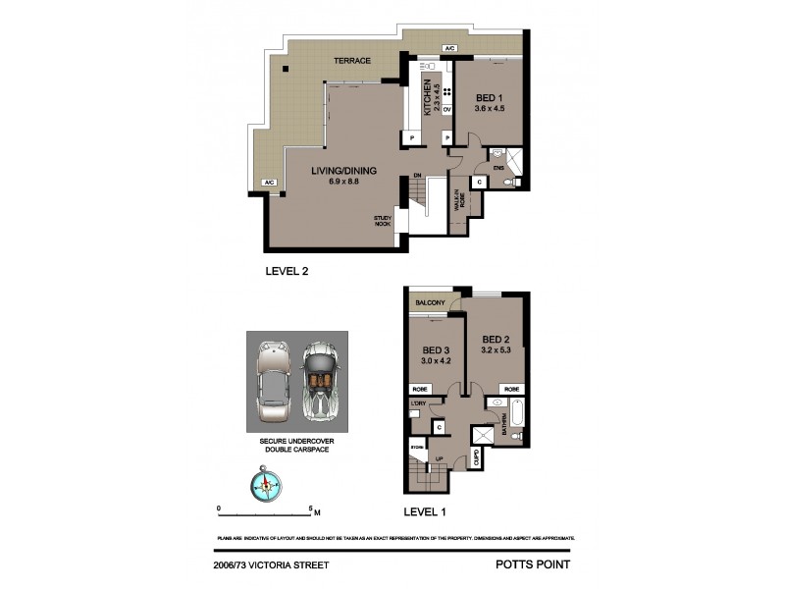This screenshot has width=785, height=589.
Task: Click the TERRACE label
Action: [351, 61]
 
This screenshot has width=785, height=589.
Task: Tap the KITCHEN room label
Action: [428, 98]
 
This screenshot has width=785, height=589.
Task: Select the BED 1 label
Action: [491, 98]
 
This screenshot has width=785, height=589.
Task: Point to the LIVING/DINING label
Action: [343, 171]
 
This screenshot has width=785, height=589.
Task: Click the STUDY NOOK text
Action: [382, 221]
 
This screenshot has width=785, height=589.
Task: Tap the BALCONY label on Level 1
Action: [432, 302]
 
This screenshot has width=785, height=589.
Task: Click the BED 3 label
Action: [437, 349]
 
